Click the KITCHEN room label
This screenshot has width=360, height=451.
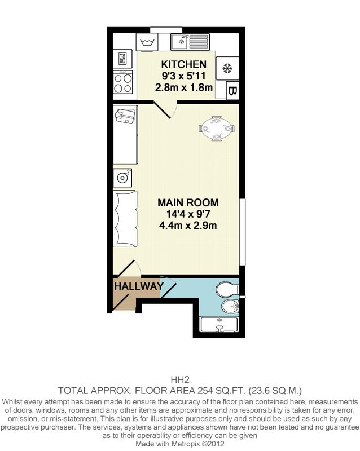click(x=184, y=64)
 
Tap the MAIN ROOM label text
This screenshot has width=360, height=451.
click(x=188, y=202)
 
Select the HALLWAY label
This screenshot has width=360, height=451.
click(x=139, y=286)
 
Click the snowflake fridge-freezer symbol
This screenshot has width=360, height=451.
click(x=227, y=68)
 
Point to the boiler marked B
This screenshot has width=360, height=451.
click(x=232, y=91)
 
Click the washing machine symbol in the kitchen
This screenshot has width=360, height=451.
click(x=147, y=42)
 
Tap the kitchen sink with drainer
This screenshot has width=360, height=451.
click(x=190, y=42)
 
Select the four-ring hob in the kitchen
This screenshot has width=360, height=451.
click(x=123, y=82)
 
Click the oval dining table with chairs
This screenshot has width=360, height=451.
click(x=217, y=129)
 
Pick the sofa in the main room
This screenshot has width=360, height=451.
click(x=125, y=219)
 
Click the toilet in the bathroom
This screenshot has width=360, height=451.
click(x=227, y=289)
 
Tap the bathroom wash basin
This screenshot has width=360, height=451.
click(x=230, y=306)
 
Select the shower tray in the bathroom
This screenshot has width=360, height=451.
click(x=219, y=325)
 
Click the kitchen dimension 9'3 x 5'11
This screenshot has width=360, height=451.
click(x=184, y=76)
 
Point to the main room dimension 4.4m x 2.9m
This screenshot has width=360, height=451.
click(x=188, y=225)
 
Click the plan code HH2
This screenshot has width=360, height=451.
click(x=180, y=380)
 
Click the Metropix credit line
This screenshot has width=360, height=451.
click(x=180, y=444)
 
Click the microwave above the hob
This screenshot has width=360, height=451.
click(x=123, y=59)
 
